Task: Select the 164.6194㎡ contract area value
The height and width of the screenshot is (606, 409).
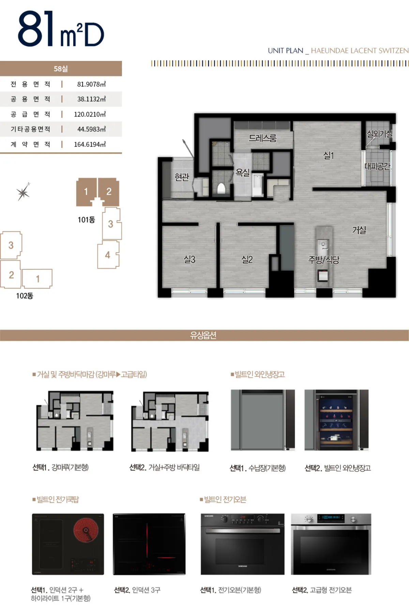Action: click(x=90, y=144)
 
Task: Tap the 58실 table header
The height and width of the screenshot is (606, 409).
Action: click(x=61, y=69)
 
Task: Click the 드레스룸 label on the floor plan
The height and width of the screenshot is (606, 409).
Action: click(x=262, y=138)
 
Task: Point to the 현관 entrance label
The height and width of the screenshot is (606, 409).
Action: click(x=182, y=177)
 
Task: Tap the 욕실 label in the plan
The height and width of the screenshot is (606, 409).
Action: click(x=243, y=173)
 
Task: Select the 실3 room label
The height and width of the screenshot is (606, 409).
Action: click(x=190, y=260)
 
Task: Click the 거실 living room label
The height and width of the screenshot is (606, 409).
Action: click(x=359, y=230)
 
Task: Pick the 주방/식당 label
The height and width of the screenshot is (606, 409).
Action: click(x=324, y=260)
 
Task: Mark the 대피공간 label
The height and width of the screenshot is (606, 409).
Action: click(x=377, y=166)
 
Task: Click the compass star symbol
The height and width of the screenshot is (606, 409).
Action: click(x=23, y=192)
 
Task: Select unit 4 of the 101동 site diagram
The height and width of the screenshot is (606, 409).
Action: click(x=108, y=255)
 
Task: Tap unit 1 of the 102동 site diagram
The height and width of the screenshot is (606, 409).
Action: click(x=37, y=279)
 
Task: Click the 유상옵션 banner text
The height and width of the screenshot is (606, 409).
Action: click(x=203, y=335)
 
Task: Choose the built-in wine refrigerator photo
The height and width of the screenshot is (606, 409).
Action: click(x=336, y=420)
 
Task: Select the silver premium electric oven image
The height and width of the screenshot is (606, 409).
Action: click(x=331, y=544)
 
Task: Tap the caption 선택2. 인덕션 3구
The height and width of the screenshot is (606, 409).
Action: click(x=137, y=590)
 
